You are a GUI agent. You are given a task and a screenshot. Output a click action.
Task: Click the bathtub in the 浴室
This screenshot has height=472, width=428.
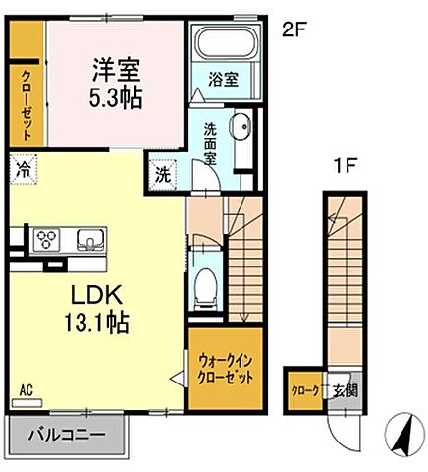tap(225, 44)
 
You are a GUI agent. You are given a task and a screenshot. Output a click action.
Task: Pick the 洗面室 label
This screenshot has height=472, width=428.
tap(211, 142)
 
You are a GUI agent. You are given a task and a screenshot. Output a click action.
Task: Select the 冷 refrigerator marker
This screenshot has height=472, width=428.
tap(23, 168)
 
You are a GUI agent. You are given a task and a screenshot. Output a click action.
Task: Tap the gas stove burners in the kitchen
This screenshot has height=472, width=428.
tap(45, 239)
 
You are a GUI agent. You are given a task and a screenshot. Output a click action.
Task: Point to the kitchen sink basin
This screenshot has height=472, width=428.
tap(88, 239)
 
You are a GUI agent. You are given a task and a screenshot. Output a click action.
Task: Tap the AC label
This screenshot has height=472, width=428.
tap(26, 389)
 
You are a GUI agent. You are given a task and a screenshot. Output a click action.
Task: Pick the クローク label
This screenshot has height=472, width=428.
tap(303, 389)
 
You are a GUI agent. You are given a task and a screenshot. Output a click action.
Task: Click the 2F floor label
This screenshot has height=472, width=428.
tap(294, 30)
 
